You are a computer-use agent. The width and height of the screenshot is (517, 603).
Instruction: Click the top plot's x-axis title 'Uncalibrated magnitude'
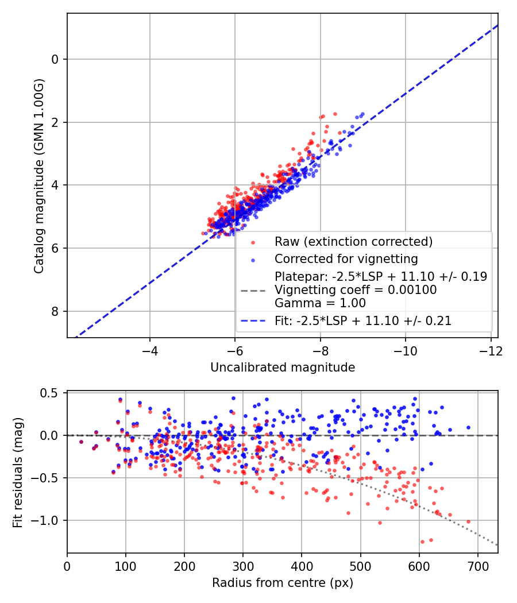(282, 368)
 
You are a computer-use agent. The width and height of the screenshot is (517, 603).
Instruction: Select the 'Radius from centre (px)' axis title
(282, 583)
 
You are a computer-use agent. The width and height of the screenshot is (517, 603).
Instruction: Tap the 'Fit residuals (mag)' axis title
(18, 472)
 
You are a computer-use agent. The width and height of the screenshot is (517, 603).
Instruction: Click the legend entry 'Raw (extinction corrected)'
(353, 241)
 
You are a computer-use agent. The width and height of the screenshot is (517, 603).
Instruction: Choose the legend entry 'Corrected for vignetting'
(346, 258)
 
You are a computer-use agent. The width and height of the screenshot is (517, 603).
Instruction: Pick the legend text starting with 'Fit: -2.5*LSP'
(363, 321)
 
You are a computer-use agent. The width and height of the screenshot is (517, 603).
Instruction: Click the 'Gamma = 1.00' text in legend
(320, 303)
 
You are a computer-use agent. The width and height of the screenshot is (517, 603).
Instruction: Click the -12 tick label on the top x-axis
(490, 349)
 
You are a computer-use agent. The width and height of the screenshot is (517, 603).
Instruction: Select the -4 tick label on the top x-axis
(150, 349)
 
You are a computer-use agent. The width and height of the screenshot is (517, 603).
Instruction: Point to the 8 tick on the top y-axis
(55, 311)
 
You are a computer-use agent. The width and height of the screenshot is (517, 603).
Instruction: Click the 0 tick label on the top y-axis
(55, 59)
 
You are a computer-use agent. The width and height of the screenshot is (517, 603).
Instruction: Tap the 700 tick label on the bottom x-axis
(477, 565)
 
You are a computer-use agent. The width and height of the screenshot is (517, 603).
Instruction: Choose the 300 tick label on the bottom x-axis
(243, 565)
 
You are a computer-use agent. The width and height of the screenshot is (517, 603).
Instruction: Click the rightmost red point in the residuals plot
(468, 521)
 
